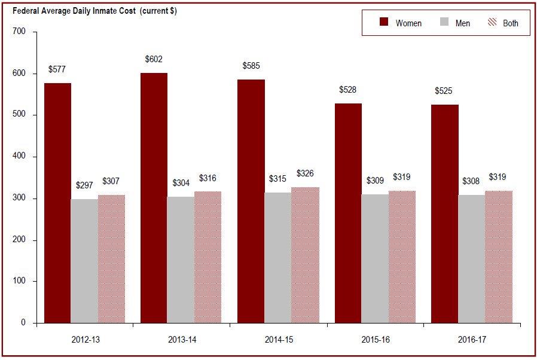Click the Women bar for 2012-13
[x=57, y=203]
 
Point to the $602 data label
[x=154, y=59]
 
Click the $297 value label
[x=84, y=185]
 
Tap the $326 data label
[x=305, y=173]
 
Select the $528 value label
[x=347, y=90]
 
